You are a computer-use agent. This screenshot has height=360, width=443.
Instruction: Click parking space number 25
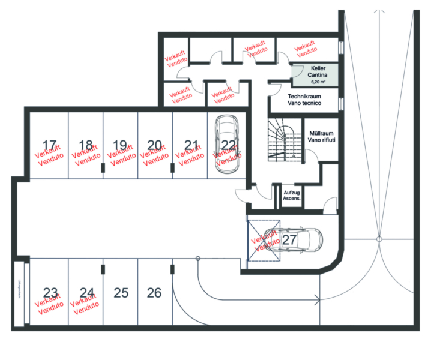point(121,293)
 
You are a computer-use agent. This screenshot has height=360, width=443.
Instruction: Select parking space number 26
point(154,293)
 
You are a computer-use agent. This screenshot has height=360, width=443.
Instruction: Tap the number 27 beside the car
point(290,239)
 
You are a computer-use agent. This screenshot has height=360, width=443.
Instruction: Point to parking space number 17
point(50,145)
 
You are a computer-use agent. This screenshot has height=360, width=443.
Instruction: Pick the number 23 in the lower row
point(50,293)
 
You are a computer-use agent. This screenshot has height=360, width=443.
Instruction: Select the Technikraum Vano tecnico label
point(304,100)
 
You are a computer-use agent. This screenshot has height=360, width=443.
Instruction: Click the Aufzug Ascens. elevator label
point(292,194)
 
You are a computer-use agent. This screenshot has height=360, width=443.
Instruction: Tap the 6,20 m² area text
point(318,81)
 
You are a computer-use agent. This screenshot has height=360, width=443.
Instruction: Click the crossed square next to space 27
point(264,240)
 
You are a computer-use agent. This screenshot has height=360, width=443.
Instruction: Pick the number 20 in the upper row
point(155,145)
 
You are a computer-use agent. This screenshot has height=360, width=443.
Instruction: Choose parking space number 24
point(87,293)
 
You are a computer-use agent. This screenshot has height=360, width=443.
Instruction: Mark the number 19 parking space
point(120,145)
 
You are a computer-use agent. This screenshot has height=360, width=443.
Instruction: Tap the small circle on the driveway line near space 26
point(197,258)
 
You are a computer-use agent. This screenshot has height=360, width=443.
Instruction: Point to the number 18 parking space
point(86,145)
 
